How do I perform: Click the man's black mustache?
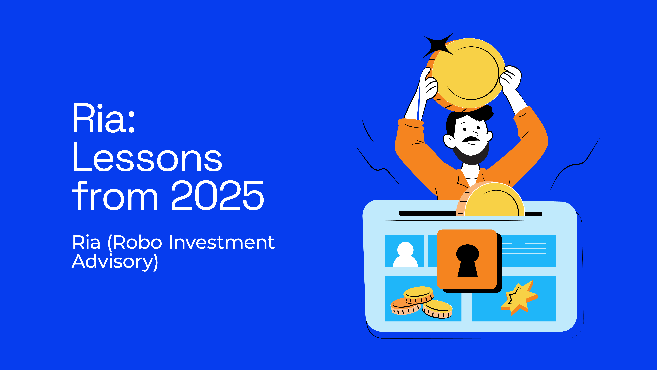point(471,139)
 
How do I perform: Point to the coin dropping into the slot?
point(492,200)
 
